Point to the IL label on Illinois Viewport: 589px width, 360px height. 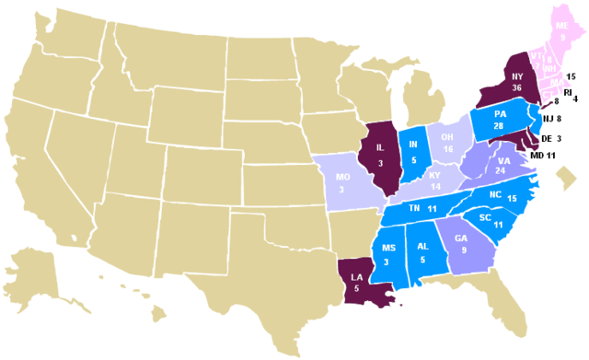(380, 147)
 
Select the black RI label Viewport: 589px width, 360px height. (568, 91)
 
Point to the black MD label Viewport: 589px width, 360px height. (538, 156)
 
